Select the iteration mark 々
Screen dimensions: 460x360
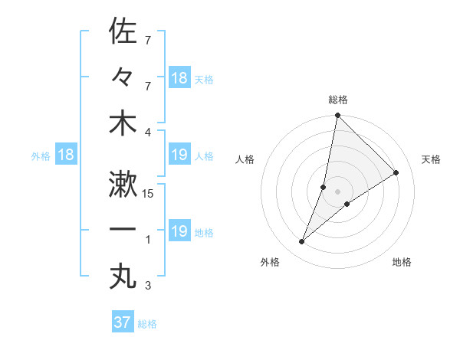pos(123,77)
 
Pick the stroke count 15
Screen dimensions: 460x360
pos(149,194)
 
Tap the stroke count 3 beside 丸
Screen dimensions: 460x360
pos(149,286)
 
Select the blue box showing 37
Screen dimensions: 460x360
pos(122,322)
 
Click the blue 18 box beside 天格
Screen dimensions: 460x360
pos(179,78)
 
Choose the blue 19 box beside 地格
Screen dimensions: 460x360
pos(179,231)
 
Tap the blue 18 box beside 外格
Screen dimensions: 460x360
pos(66,155)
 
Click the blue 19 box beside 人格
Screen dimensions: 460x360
pos(179,155)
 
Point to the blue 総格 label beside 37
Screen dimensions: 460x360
pos(147,324)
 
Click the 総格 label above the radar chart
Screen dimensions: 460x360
pos(337,100)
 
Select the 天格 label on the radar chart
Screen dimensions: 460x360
pos(432,159)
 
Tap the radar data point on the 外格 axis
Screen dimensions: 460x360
pos(302,242)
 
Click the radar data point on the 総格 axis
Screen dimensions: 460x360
pos(337,116)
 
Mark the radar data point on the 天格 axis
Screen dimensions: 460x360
pos(396,173)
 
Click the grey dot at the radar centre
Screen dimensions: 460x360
pos(337,191)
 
